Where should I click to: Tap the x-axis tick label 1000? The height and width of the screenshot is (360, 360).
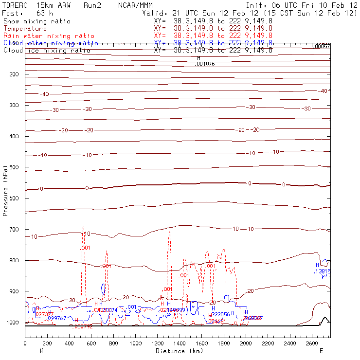(x=136, y=343)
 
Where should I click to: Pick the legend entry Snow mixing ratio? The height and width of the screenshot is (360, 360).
(x=37, y=21)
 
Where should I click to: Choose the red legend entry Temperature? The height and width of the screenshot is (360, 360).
(x=25, y=29)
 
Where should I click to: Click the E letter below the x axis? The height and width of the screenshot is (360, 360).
(x=321, y=350)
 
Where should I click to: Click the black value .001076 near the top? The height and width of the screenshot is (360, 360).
(x=204, y=64)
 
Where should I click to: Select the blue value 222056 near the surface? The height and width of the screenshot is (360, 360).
(x=220, y=315)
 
